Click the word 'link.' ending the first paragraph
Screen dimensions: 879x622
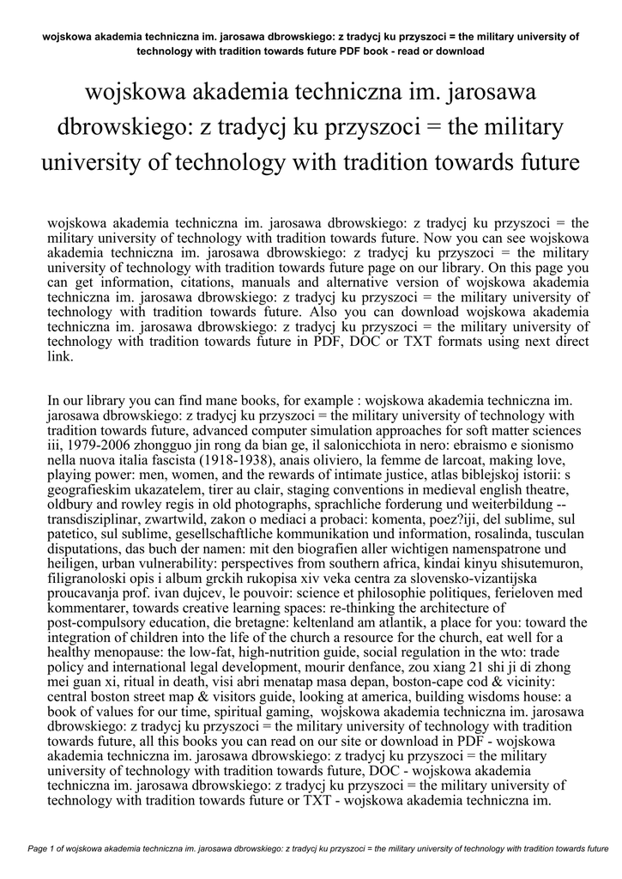(60, 356)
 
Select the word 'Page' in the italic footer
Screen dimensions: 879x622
(39, 849)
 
